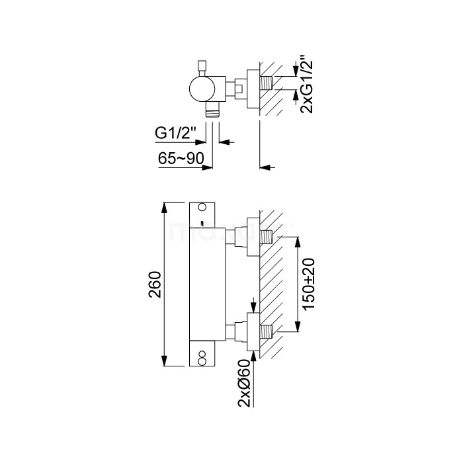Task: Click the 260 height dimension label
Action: pos(155,284)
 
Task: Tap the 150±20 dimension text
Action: pos(309,284)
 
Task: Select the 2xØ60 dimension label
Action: pos(244,383)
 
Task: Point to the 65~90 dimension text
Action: pos(181,158)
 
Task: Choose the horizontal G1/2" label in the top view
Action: pos(175,133)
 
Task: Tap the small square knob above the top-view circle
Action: pos(202,65)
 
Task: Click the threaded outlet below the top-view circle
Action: pos(212,112)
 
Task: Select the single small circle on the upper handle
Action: pos(202,207)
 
